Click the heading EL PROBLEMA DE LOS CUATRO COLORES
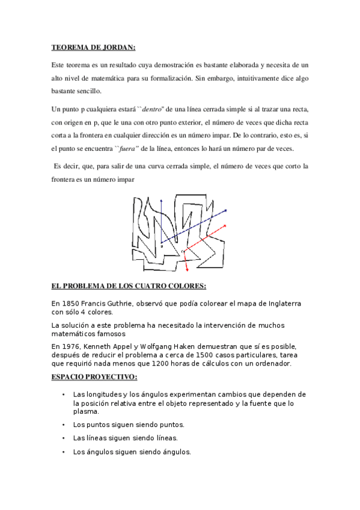129,286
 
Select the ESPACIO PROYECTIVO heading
94,377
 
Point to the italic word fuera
128,149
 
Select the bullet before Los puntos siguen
63,424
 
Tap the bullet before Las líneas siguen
63,438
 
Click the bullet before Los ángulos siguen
63,452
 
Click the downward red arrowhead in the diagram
186,268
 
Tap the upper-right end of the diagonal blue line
226,210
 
